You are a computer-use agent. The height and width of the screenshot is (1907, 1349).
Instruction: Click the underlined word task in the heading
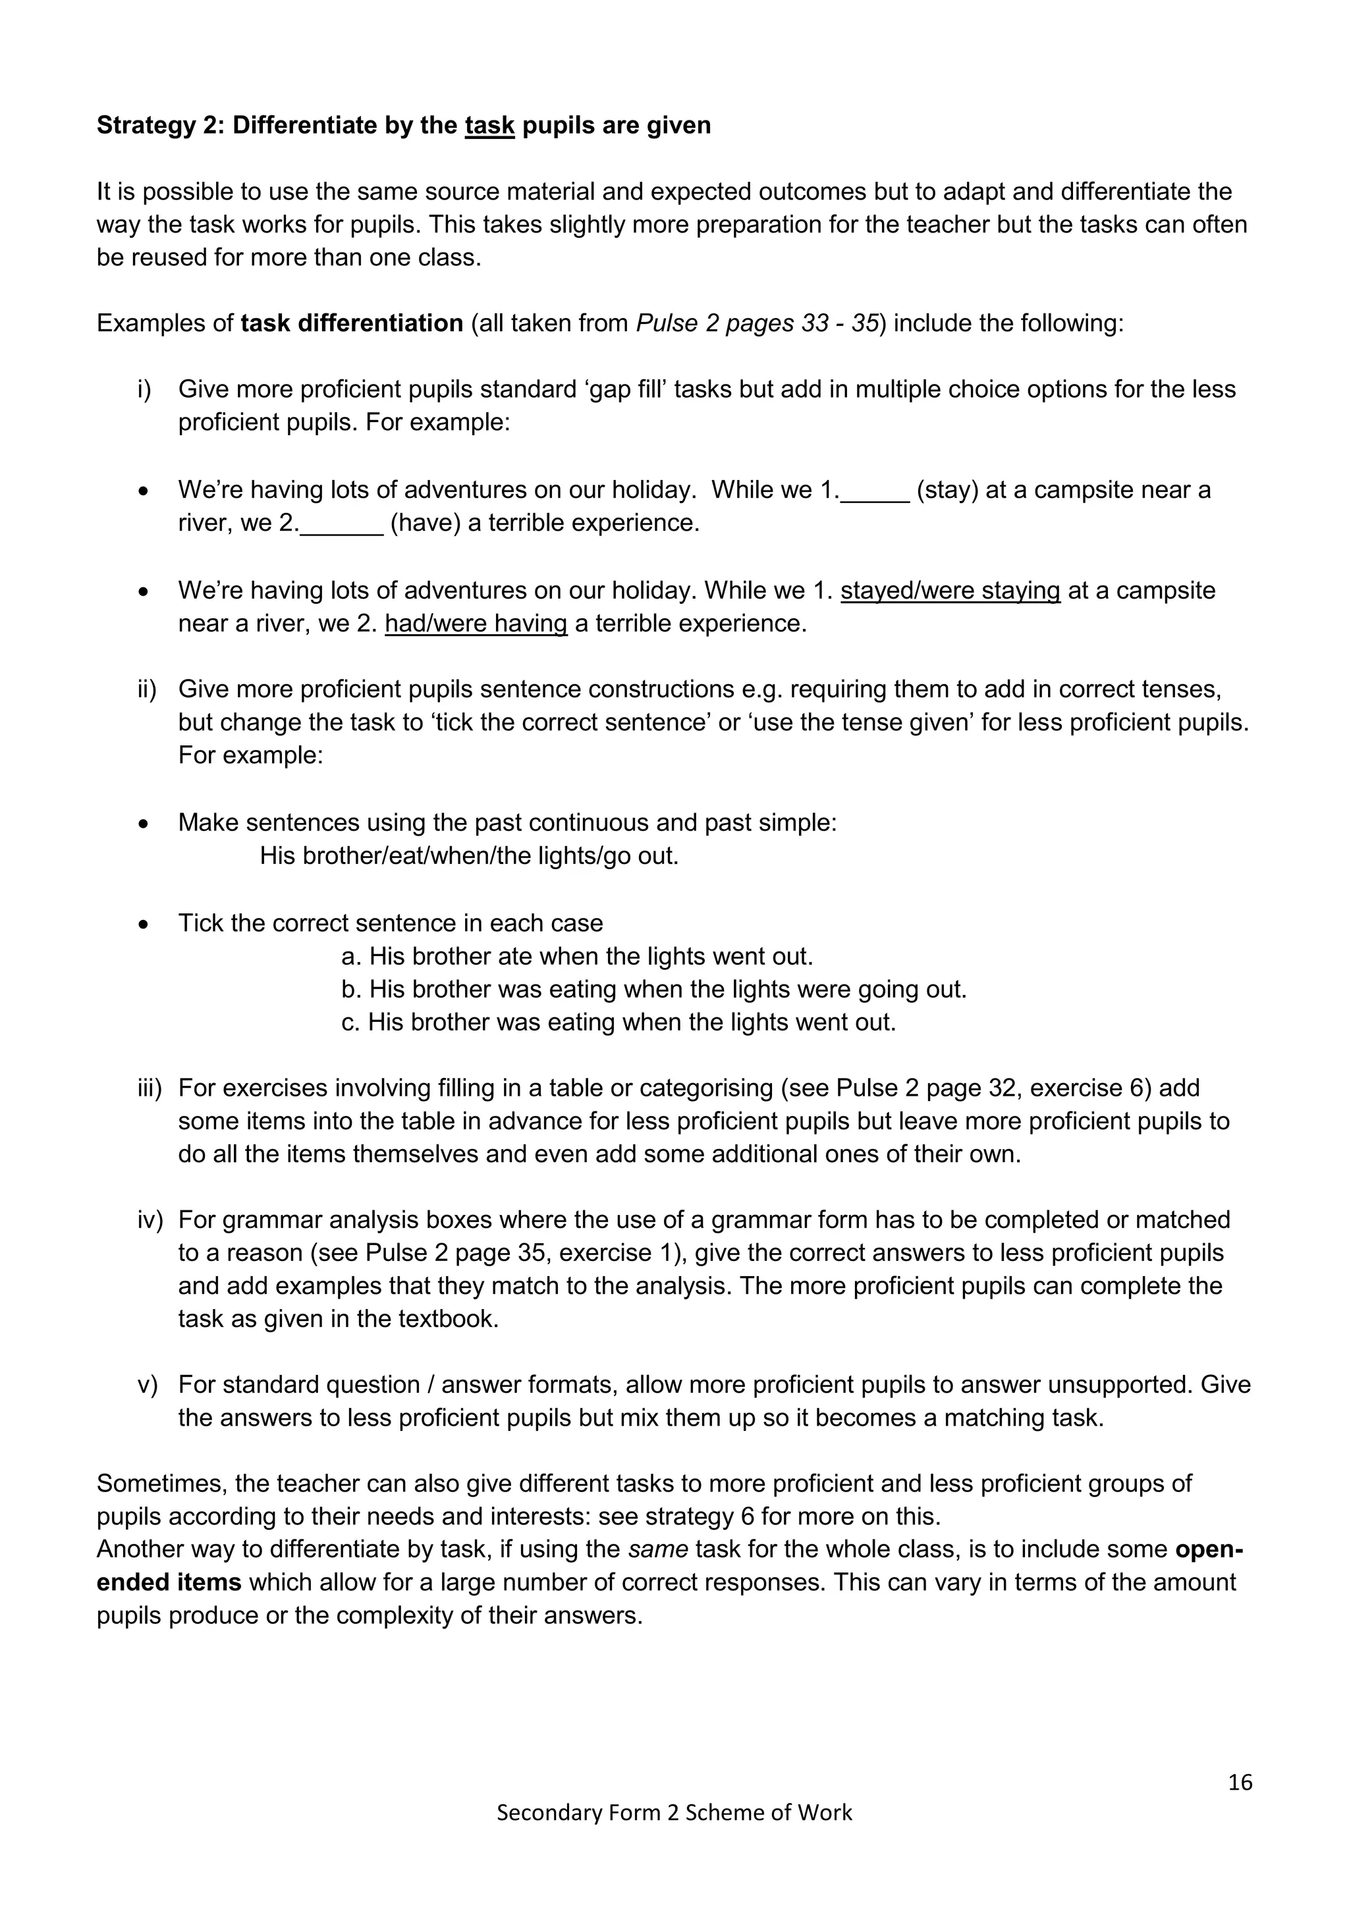click(489, 125)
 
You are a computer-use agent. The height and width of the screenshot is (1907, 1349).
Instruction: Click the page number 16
click(1240, 1783)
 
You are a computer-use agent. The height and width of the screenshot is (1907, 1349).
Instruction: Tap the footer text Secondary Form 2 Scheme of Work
click(674, 1812)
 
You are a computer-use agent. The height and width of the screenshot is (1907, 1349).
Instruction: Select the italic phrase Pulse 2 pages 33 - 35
click(757, 323)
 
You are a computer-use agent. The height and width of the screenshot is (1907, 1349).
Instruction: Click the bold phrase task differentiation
click(351, 323)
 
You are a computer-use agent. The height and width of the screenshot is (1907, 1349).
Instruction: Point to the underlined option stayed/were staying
click(950, 591)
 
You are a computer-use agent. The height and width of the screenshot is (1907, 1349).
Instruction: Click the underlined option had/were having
click(476, 624)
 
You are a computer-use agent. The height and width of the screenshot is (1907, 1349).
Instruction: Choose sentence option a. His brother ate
click(576, 957)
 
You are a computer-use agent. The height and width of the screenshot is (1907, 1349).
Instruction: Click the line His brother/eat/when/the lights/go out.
click(470, 856)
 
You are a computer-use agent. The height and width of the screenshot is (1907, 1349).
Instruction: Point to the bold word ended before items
click(133, 1582)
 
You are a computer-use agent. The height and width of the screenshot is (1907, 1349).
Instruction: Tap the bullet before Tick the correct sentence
click(144, 925)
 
